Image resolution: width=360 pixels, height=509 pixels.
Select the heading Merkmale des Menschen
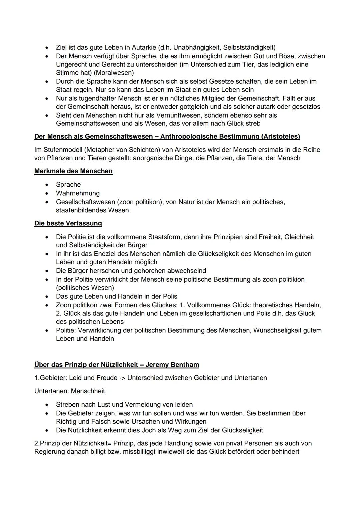(x=73, y=171)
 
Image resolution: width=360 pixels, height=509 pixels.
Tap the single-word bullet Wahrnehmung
(x=78, y=193)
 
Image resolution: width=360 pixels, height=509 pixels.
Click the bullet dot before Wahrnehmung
(x=48, y=193)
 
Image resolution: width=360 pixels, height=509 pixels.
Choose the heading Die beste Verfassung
(x=68, y=223)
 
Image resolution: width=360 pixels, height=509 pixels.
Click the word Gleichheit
(x=296, y=237)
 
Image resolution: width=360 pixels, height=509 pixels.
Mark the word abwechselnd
(x=186, y=271)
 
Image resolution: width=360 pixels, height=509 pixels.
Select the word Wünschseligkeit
(x=283, y=330)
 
